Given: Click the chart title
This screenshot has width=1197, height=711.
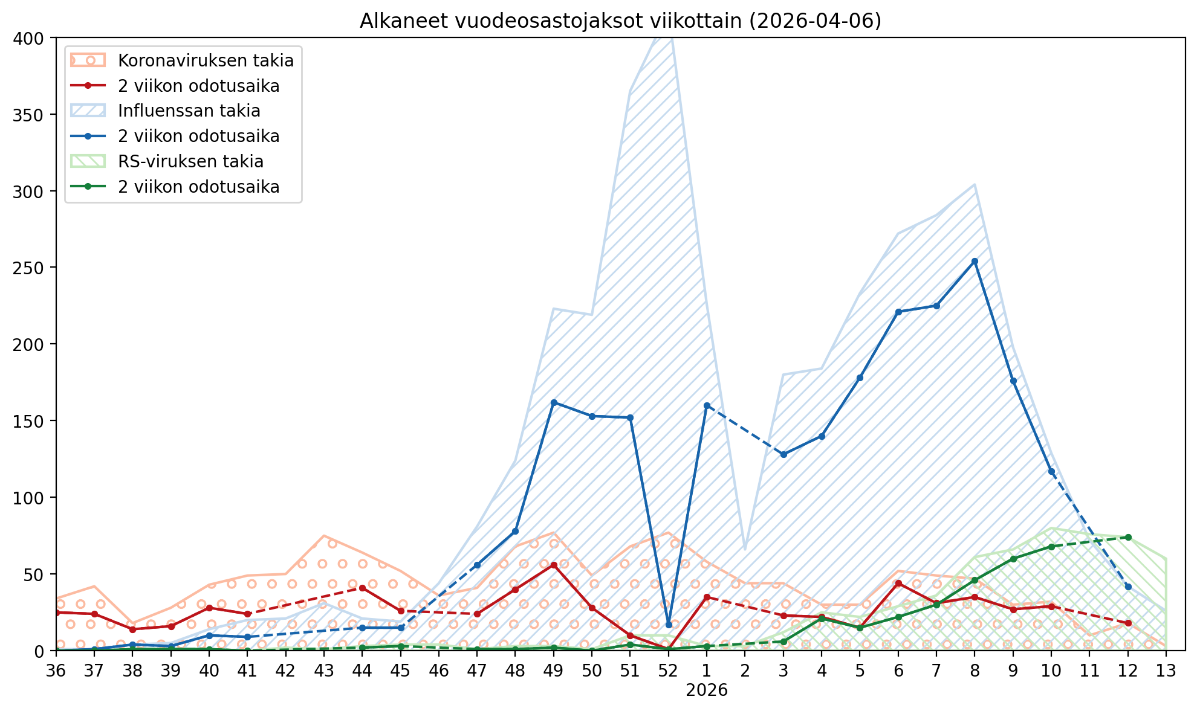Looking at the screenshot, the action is (620, 21).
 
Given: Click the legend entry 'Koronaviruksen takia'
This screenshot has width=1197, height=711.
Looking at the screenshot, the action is (206, 60).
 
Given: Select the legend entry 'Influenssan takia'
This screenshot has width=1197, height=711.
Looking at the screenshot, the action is (189, 111).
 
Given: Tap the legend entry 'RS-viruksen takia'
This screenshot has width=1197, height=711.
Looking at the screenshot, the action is (191, 162).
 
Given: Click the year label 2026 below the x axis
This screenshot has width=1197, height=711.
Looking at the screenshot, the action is (707, 690).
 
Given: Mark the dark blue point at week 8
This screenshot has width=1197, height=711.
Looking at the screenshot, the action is (975, 261).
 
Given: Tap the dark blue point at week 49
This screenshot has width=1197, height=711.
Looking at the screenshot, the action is (554, 402).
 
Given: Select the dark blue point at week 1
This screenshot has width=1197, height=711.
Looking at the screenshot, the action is (707, 405).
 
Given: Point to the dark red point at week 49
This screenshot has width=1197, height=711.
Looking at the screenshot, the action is (554, 565).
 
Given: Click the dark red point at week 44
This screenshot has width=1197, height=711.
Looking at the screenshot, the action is (362, 588).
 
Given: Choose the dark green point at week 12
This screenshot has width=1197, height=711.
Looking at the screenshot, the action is (1128, 537).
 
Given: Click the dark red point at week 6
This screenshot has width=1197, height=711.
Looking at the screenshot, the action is (898, 583).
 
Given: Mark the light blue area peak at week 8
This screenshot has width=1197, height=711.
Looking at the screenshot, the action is (975, 184).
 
